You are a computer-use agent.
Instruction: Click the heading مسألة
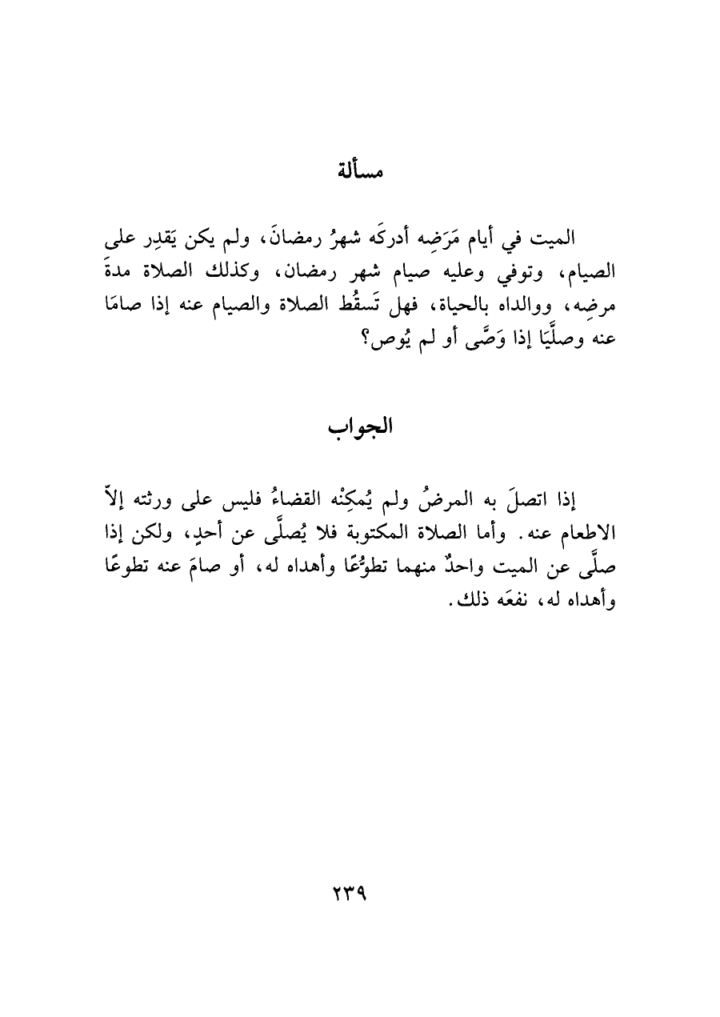pos(359,170)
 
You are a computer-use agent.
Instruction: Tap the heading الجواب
pos(359,423)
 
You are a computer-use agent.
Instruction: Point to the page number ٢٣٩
pos(359,892)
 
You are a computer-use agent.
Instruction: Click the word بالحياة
pos(461,305)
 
